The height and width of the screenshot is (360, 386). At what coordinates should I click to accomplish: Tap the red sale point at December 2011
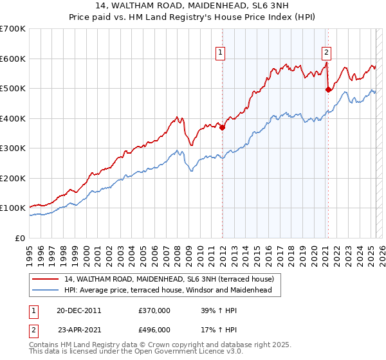223,127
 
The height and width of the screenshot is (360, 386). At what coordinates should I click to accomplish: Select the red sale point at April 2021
328,89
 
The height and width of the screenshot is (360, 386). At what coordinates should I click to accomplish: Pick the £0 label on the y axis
20,238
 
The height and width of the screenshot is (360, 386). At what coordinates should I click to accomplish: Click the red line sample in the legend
45,279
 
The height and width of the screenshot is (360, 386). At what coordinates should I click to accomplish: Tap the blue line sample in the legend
45,290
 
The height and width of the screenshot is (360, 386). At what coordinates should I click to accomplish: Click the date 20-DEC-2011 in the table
79,310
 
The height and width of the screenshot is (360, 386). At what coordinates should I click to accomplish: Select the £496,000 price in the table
154,329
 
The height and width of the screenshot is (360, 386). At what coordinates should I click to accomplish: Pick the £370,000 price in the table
154,310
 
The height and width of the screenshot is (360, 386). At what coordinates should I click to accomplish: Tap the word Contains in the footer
44,346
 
